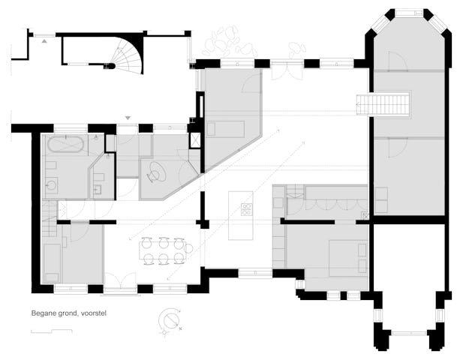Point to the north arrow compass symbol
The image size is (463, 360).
click(x=170, y=321)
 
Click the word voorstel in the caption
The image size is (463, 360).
click(x=93, y=313)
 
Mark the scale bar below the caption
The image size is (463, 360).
click(x=52, y=331)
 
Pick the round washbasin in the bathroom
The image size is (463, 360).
click(x=51, y=185)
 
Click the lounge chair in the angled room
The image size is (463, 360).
click(x=156, y=172)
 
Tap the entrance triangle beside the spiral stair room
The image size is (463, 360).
click(x=44, y=41)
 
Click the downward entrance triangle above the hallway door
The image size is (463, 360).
click(x=128, y=118)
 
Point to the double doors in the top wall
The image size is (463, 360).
click(x=286, y=73)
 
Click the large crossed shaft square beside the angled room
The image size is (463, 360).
click(x=195, y=139)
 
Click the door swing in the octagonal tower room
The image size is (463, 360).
click(x=398, y=61)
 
